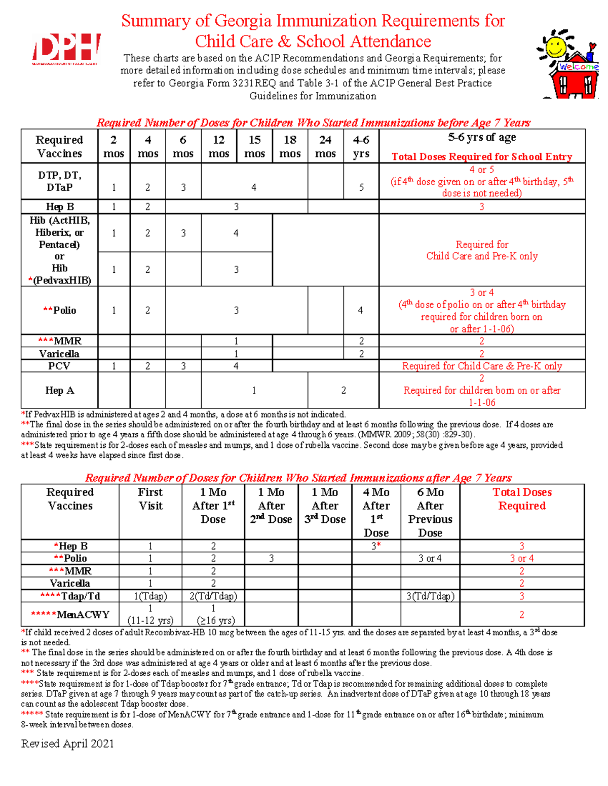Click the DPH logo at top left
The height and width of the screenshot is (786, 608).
pyautogui.click(x=66, y=49)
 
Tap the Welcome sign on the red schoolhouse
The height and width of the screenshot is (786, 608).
pyautogui.click(x=578, y=67)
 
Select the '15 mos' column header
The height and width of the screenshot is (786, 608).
pyautogui.click(x=254, y=146)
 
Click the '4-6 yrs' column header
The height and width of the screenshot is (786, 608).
pyautogui.click(x=361, y=146)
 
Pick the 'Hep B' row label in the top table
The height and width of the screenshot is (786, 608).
pyautogui.click(x=60, y=206)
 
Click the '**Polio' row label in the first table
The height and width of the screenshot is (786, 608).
pyautogui.click(x=60, y=310)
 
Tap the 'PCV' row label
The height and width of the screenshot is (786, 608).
pyautogui.click(x=59, y=366)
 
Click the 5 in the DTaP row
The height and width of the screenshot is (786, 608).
pyautogui.click(x=361, y=187)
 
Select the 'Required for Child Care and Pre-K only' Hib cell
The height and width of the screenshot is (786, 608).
pyautogui.click(x=482, y=250)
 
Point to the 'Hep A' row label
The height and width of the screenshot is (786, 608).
pyautogui.click(x=60, y=390)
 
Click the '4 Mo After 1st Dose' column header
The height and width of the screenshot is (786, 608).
pyautogui.click(x=376, y=512)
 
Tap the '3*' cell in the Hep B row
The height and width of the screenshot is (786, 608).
pyautogui.click(x=376, y=546)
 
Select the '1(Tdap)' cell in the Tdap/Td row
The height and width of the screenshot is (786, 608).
pyautogui.click(x=150, y=596)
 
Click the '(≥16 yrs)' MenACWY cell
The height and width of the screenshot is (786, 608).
pyautogui.click(x=213, y=620)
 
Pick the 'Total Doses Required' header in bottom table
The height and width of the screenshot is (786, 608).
pyautogui.click(x=522, y=499)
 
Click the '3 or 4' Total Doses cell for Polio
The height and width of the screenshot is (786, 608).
pyautogui.click(x=522, y=558)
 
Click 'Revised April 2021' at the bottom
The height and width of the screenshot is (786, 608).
pyautogui.click(x=67, y=743)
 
